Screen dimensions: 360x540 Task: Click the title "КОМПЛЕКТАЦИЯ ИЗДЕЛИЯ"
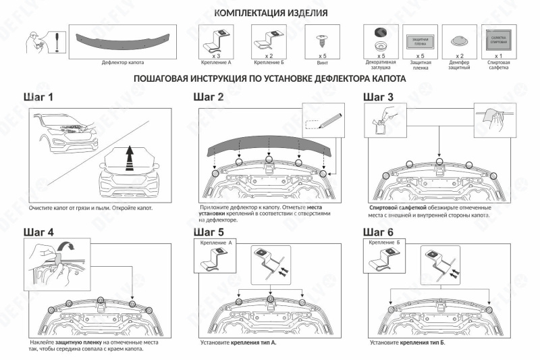pyautogui.click(x=271, y=14)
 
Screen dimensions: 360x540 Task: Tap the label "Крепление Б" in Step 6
pyautogui.click(x=385, y=242)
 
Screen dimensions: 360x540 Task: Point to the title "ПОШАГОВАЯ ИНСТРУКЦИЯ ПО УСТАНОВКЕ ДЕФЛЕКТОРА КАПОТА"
pyautogui.click(x=270, y=79)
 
